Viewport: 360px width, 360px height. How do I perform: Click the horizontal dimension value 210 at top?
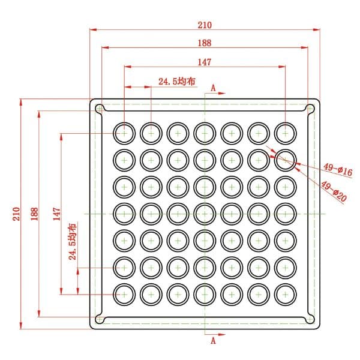pyautogui.click(x=205, y=25)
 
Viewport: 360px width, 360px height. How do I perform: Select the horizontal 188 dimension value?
pyautogui.click(x=205, y=43)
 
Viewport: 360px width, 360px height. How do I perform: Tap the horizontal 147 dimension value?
pyautogui.click(x=205, y=62)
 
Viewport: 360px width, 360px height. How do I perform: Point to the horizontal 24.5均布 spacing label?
pyautogui.click(x=177, y=81)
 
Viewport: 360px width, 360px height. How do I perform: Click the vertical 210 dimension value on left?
pyautogui.click(x=16, y=214)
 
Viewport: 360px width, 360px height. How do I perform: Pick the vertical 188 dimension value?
pyautogui.click(x=34, y=214)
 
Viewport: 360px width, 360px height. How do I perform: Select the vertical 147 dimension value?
pyautogui.click(x=57, y=214)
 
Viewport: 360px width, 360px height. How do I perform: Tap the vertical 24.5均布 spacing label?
pyautogui.click(x=73, y=241)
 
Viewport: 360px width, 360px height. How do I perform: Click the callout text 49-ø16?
pyautogui.click(x=338, y=169)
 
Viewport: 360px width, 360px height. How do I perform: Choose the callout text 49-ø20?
pyautogui.click(x=334, y=191)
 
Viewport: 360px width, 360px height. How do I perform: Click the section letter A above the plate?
pyautogui.click(x=213, y=88)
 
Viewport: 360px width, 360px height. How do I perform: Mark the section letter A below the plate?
pyautogui.click(x=213, y=341)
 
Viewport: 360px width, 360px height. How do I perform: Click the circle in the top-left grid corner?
pyautogui.click(x=124, y=122)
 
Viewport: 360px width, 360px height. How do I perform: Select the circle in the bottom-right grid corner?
pyautogui.click(x=286, y=284)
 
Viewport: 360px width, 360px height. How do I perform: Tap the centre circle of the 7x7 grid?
pyautogui.click(x=205, y=203)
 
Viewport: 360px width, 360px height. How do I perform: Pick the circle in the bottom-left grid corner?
pyautogui.click(x=124, y=284)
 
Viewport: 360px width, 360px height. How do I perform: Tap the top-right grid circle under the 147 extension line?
pyautogui.click(x=286, y=122)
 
